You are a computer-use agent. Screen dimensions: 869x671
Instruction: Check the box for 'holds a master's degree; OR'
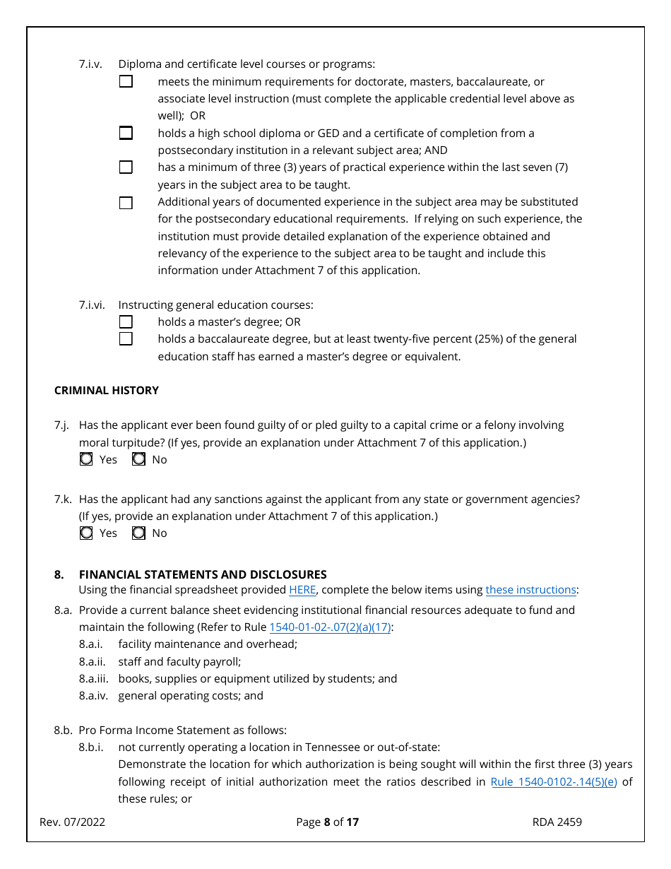126,322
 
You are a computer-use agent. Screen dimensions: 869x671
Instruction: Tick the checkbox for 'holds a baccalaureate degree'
126,339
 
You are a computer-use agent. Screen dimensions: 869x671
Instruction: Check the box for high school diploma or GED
126,133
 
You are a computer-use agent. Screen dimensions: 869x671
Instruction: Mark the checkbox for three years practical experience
126,167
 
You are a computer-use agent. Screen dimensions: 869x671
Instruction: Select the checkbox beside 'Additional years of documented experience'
126,203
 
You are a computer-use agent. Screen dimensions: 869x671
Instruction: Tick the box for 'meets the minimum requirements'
126,81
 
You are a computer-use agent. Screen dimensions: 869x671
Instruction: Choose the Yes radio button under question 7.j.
86,459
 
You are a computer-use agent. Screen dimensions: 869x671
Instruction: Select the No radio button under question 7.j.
139,459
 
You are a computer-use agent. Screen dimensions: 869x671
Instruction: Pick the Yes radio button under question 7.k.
86,533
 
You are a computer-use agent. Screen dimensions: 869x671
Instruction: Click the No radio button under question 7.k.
139,533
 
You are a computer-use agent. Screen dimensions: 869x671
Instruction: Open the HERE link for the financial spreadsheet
302,590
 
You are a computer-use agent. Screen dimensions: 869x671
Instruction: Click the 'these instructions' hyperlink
530,590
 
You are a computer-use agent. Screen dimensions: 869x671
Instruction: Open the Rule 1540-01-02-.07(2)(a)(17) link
330,627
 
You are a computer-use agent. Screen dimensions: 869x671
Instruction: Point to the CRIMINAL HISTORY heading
107,391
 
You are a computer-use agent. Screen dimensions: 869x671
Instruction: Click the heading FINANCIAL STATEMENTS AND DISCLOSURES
203,574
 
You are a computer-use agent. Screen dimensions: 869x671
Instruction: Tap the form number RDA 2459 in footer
557,822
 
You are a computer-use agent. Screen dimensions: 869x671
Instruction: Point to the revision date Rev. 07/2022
72,822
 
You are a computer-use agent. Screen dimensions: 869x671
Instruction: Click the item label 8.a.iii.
94,679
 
